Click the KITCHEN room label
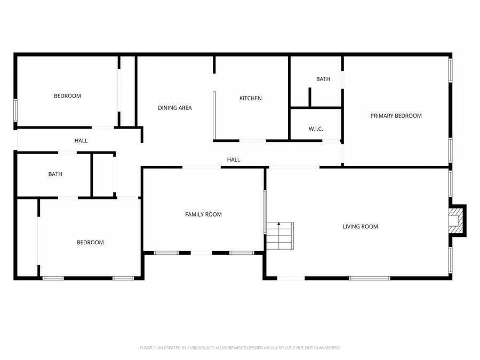coord(250,98)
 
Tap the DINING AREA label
coord(174,108)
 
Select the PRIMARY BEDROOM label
coord(396,116)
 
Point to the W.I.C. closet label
coord(316,129)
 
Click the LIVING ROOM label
coord(360,227)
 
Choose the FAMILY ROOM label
coord(203,214)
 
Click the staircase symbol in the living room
coord(280,236)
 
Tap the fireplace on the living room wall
coord(456,220)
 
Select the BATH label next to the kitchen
coord(323,79)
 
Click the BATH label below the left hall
coord(55,174)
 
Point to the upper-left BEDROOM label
coord(67,96)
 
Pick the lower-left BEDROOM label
coord(90,242)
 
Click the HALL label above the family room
coord(233,159)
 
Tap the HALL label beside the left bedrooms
coord(81,141)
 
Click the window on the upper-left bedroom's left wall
coord(15,110)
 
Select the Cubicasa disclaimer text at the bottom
coord(239,348)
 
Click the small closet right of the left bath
coord(103,175)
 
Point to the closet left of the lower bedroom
coord(27,237)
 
